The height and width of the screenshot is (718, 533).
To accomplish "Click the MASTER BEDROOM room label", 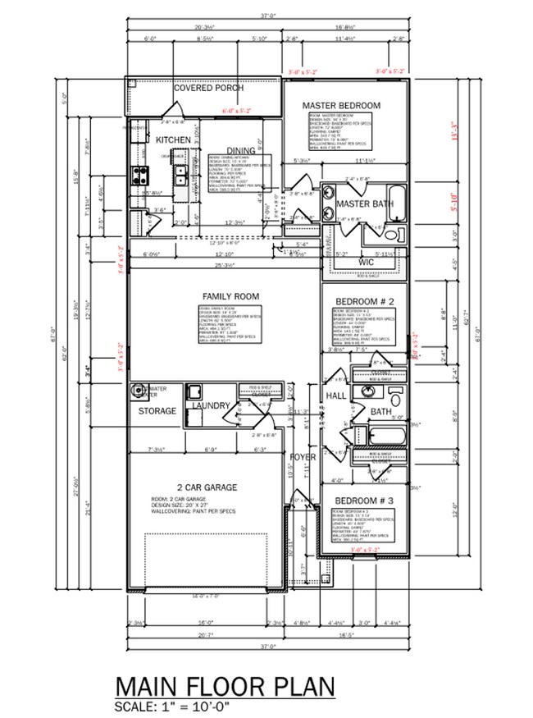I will tap(341, 106).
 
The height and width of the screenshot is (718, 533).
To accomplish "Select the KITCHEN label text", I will tap(173, 140).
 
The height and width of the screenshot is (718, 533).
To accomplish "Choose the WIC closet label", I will tap(366, 262).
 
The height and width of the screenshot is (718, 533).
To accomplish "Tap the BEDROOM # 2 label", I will tap(364, 301).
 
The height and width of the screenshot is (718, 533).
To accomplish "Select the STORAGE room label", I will tap(157, 410).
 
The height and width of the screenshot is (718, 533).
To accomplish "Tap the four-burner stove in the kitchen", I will tap(139, 174).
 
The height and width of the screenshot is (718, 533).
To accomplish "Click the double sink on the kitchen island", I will tap(180, 173).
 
